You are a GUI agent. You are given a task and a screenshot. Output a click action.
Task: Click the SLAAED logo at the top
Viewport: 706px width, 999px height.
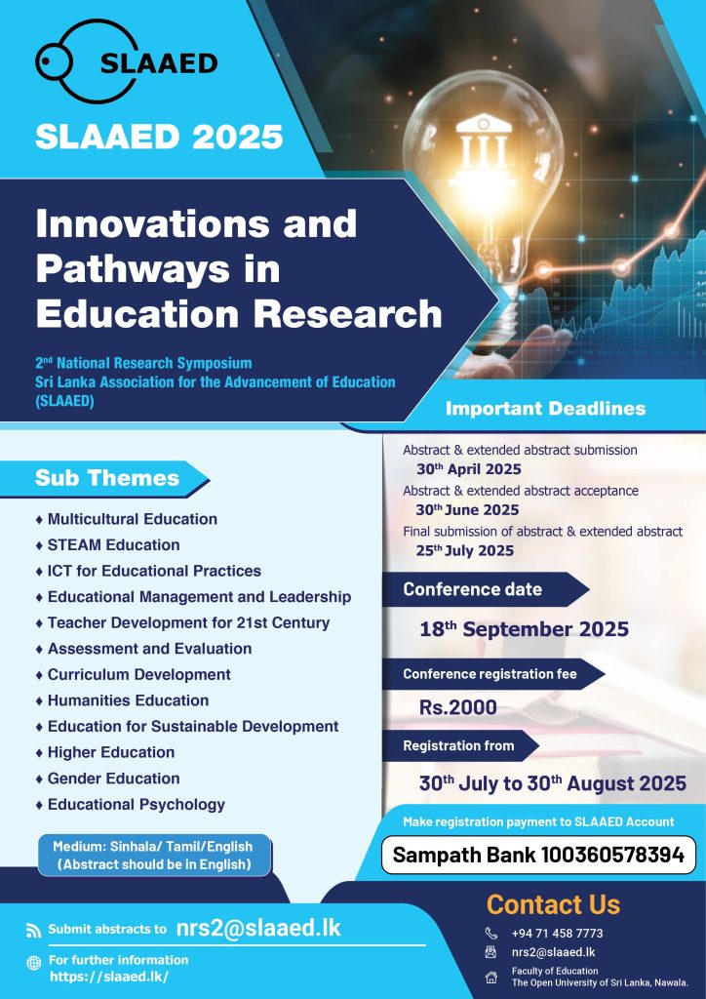(126, 63)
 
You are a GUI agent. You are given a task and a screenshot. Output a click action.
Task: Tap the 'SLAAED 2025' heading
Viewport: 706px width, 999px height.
(159, 138)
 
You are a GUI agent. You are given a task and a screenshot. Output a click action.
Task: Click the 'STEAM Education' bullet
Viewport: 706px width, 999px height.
(113, 544)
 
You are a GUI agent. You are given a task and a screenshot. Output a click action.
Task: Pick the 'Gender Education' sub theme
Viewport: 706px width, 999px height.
(113, 779)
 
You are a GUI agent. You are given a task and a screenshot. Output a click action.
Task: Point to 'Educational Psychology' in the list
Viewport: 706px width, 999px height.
(136, 805)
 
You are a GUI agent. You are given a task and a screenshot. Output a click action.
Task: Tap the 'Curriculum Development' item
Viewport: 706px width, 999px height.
(138, 675)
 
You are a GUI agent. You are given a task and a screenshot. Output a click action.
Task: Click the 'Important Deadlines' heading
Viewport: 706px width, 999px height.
(545, 408)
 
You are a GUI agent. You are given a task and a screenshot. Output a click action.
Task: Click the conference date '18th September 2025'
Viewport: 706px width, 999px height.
(524, 629)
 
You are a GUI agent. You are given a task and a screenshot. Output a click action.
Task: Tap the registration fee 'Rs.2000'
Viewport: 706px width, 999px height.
(458, 707)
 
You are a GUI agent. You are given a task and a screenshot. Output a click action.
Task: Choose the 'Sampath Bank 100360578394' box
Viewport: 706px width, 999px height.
(538, 856)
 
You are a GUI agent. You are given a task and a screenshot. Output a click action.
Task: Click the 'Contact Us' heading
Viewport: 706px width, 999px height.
(553, 904)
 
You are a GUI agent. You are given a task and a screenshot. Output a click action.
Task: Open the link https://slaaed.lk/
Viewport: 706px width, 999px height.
(108, 977)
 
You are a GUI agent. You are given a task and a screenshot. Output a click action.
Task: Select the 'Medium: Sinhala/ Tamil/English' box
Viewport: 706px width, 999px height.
(154, 856)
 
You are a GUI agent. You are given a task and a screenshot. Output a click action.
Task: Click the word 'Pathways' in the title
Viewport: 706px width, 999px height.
(158, 269)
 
